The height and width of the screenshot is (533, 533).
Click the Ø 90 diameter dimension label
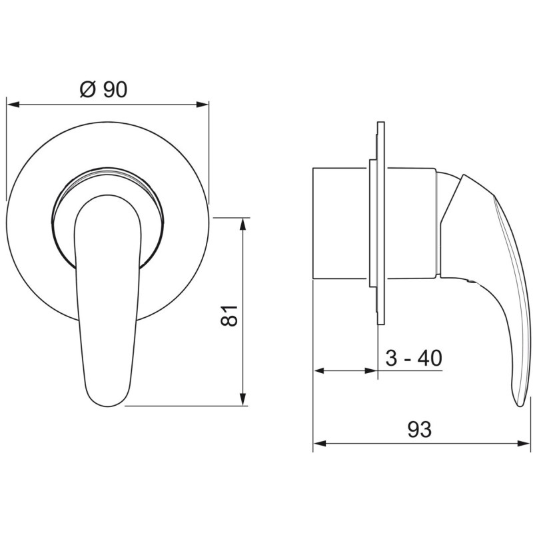tap(103, 89)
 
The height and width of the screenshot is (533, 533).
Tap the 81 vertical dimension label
tap(229, 315)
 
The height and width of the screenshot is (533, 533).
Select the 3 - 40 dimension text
tap(414, 358)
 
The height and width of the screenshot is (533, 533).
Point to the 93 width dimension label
tap(420, 429)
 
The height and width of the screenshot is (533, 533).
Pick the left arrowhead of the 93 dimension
tap(319, 444)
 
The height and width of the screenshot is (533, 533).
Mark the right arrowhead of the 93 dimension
tap(524, 444)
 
